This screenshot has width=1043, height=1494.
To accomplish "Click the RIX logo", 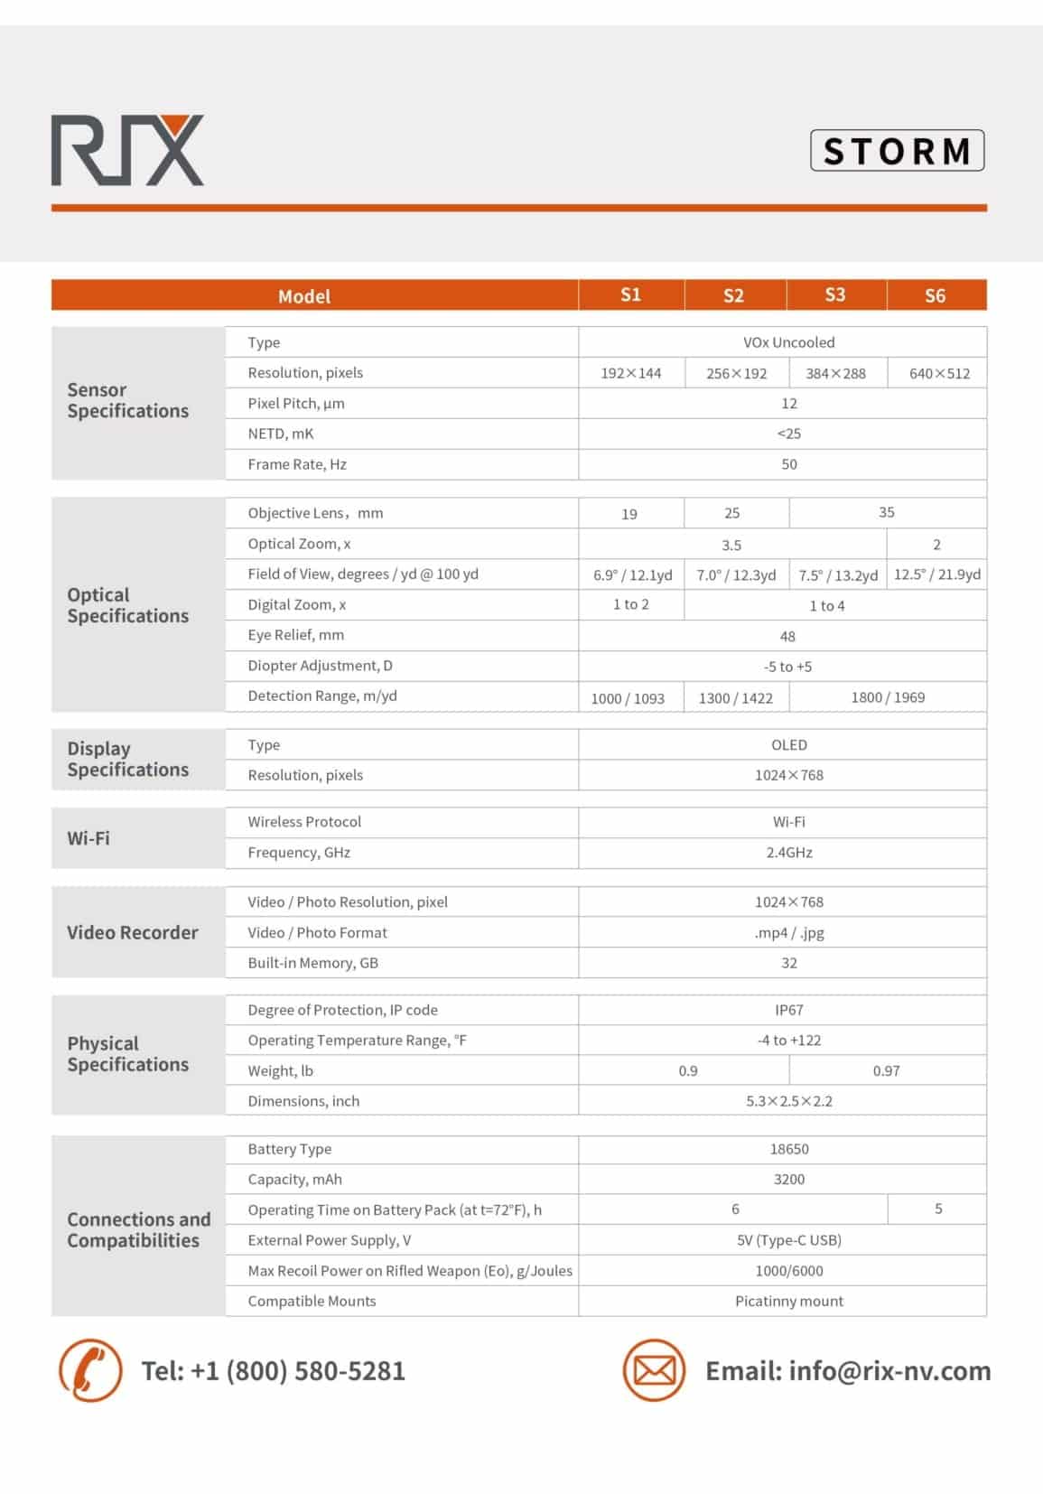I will (x=127, y=151).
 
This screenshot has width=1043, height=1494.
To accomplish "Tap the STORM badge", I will (x=897, y=151).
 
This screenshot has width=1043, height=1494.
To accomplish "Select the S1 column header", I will (x=630, y=295).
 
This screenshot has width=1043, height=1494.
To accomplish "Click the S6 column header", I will (x=935, y=295).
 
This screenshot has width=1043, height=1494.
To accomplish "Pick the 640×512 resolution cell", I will (x=939, y=373).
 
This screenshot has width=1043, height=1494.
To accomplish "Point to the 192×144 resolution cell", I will (x=630, y=373).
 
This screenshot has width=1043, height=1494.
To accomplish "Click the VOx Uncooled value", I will (x=788, y=342).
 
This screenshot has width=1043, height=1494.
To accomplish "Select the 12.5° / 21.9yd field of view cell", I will (x=936, y=574).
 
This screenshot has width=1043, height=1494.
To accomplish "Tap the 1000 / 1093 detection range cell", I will (x=628, y=698).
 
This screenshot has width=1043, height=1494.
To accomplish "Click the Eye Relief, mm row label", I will (x=295, y=635).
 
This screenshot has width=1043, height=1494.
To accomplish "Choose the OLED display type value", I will (x=788, y=745).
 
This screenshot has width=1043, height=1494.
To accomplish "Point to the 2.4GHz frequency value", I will (x=788, y=853).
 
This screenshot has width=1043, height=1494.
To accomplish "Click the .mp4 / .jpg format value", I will (x=788, y=933).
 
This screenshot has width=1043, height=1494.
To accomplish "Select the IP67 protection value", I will (x=788, y=1010).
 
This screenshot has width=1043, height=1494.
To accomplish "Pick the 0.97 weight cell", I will (x=886, y=1071).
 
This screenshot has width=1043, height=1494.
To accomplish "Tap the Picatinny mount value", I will (x=788, y=1302).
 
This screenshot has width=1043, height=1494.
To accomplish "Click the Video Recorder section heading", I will (x=132, y=933).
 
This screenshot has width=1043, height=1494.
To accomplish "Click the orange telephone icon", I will (x=90, y=1370).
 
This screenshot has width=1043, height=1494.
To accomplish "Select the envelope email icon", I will (x=654, y=1370).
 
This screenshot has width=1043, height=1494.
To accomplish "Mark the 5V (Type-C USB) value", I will (x=788, y=1240).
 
